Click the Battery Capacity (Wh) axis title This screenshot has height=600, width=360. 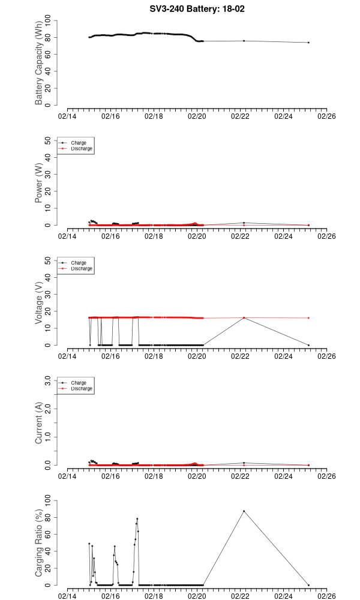tap(39, 64)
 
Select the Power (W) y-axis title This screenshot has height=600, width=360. tap(39, 183)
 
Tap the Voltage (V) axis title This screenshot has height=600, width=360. tap(39, 303)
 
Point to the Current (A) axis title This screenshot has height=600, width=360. tap(39, 423)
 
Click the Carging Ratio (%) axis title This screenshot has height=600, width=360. tap(39, 543)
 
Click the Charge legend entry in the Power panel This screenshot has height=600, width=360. tap(78, 143)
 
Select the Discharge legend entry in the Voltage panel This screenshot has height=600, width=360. tap(82, 268)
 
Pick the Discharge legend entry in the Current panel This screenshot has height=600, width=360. tap(82, 388)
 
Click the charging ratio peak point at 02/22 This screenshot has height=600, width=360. tap(244, 511)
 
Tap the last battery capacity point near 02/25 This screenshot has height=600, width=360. tap(308, 43)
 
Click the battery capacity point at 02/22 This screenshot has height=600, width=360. tap(244, 41)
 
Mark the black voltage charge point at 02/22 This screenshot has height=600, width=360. tap(244, 318)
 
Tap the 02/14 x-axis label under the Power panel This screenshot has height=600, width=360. tap(67, 236)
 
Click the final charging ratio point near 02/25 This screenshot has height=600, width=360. tap(308, 585)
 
